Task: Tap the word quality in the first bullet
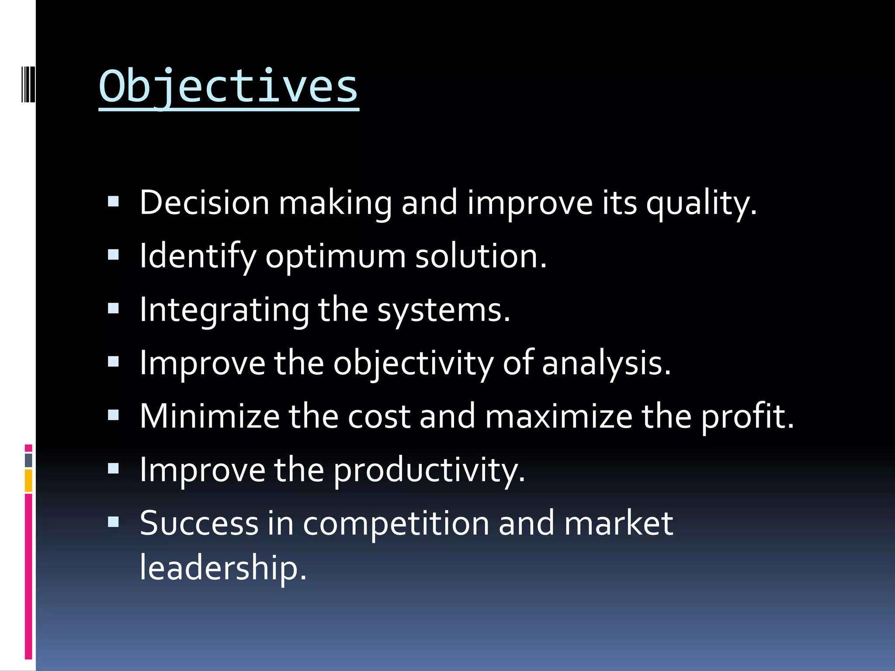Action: pyautogui.click(x=701, y=204)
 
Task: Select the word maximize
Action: pyautogui.click(x=559, y=416)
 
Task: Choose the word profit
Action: pyautogui.click(x=747, y=417)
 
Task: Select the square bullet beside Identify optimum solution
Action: pyautogui.click(x=114, y=255)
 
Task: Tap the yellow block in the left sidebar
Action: pyautogui.click(x=28, y=481)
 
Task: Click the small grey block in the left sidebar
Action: pyautogui.click(x=28, y=460)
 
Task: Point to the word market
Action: pyautogui.click(x=618, y=523)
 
